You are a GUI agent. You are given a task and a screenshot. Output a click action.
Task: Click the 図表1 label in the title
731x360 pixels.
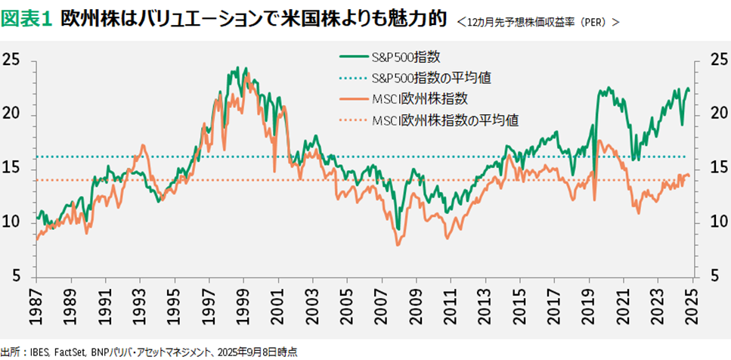(x=26, y=18)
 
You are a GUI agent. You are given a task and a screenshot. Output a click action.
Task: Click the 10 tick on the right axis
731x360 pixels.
(x=713, y=222)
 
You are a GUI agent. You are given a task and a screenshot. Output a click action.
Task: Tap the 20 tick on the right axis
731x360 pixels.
(x=713, y=113)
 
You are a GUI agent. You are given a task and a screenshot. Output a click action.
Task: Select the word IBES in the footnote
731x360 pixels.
(x=40, y=352)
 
